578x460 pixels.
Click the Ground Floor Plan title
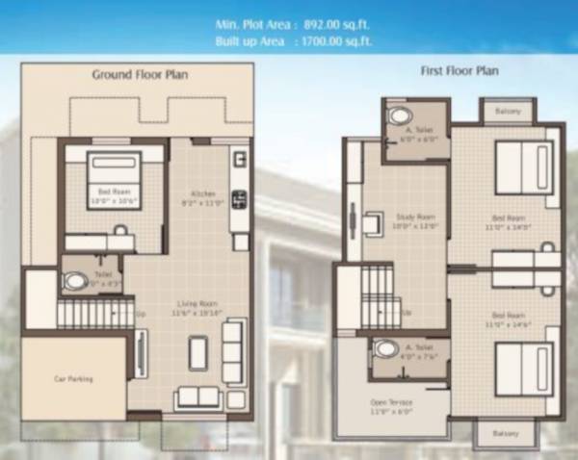[140, 74]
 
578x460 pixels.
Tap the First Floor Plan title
[460, 71]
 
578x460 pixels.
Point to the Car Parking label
[73, 379]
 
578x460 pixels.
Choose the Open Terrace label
[391, 406]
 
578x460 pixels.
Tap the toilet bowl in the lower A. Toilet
[385, 348]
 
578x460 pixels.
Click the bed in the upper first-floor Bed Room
[524, 168]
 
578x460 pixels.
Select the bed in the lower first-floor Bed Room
[524, 366]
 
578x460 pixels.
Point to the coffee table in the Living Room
[198, 353]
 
